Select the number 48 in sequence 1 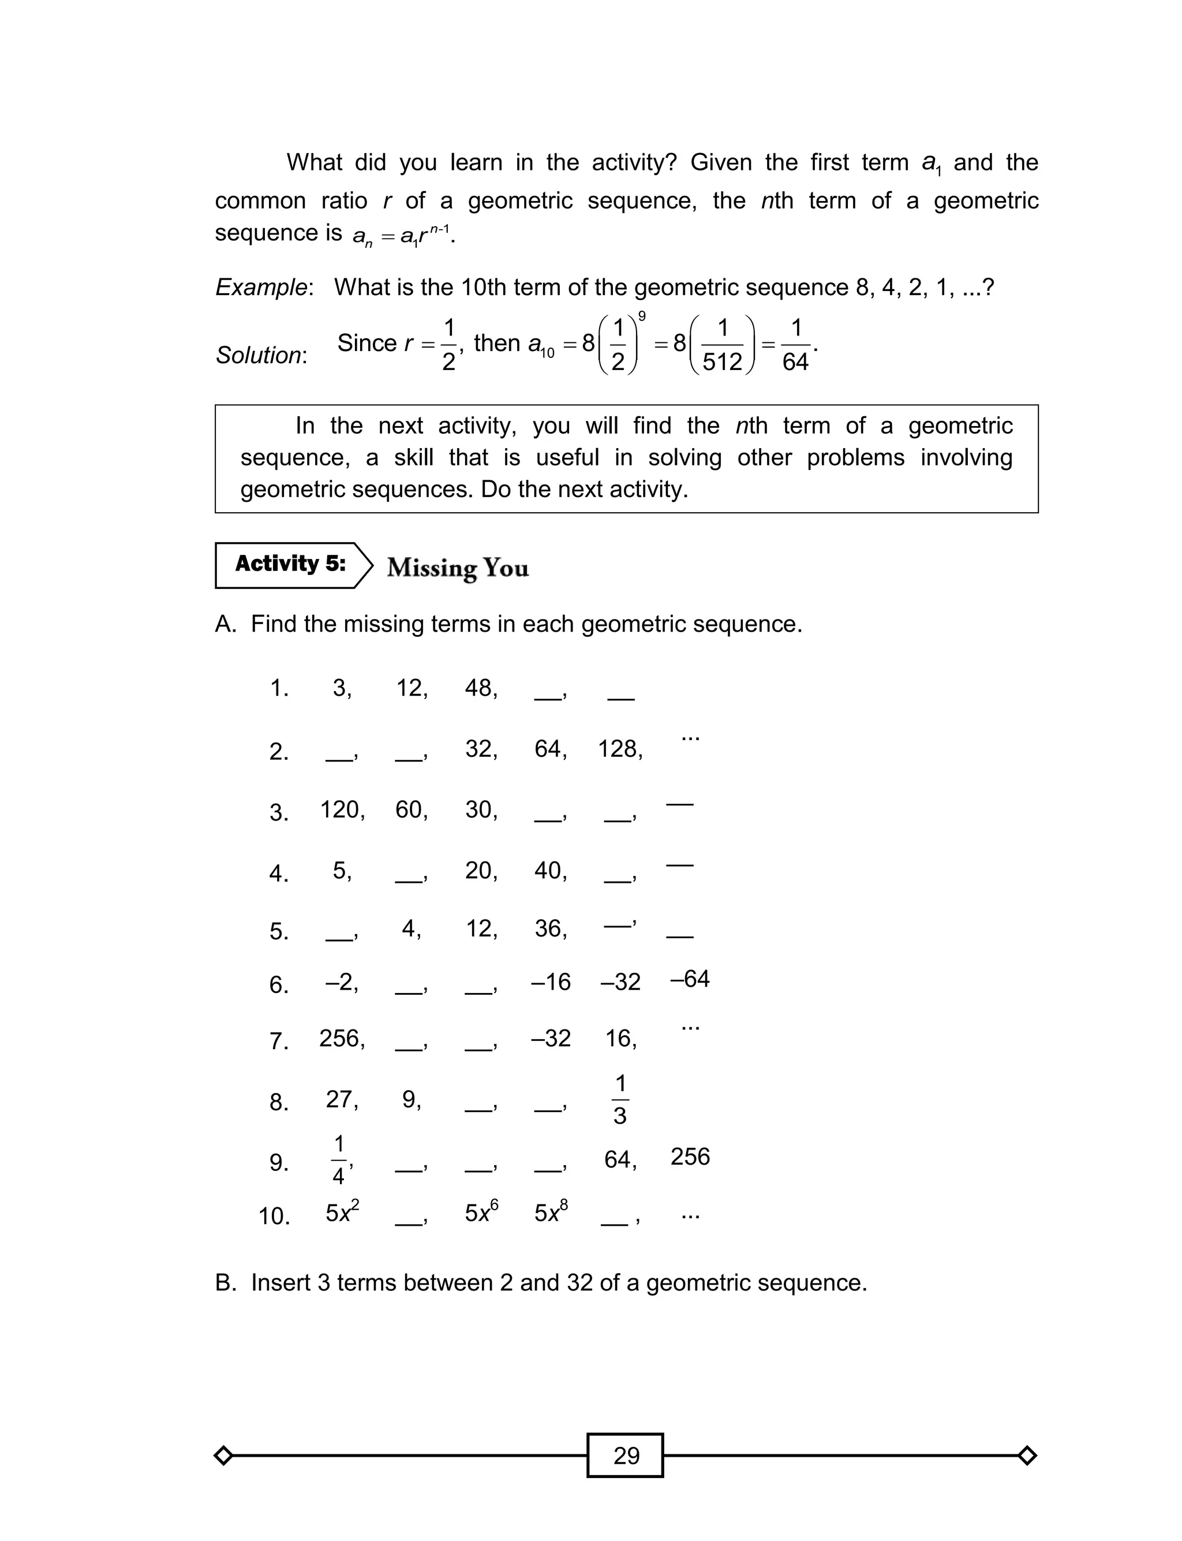[480, 688]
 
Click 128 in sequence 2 [619, 749]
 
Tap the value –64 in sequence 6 [690, 979]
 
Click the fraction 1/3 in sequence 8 [620, 1099]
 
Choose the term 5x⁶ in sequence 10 [481, 1212]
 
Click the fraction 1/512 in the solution [723, 345]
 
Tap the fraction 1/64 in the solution [796, 345]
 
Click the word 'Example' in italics [261, 287]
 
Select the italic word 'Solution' [259, 355]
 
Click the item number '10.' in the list [274, 1216]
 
